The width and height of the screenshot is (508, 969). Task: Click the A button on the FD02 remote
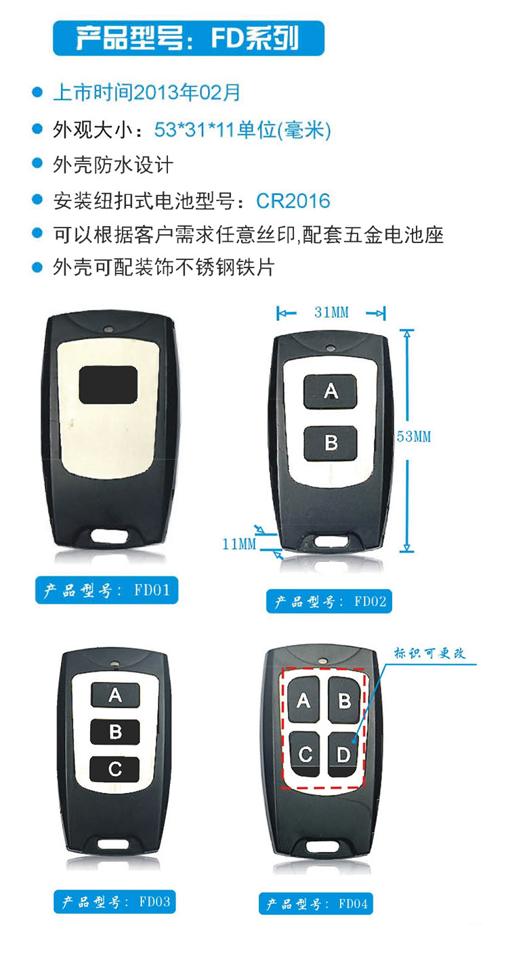(331, 391)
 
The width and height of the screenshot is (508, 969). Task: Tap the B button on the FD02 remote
(331, 444)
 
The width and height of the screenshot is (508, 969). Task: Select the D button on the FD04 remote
(344, 754)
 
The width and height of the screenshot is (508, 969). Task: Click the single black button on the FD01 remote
(108, 385)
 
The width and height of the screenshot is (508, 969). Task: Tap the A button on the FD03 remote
(115, 695)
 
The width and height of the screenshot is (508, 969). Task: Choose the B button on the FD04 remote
(345, 699)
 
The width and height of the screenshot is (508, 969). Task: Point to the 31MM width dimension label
(331, 312)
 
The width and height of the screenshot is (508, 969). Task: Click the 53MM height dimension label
(414, 437)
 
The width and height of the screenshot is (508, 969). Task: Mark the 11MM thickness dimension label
(239, 544)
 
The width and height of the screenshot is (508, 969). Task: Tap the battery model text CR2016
(293, 200)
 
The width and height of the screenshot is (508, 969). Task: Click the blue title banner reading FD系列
(188, 38)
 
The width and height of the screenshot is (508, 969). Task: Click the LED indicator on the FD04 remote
(322, 661)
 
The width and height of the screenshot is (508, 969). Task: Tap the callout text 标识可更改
(429, 653)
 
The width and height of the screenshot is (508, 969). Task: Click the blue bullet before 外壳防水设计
(38, 163)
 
